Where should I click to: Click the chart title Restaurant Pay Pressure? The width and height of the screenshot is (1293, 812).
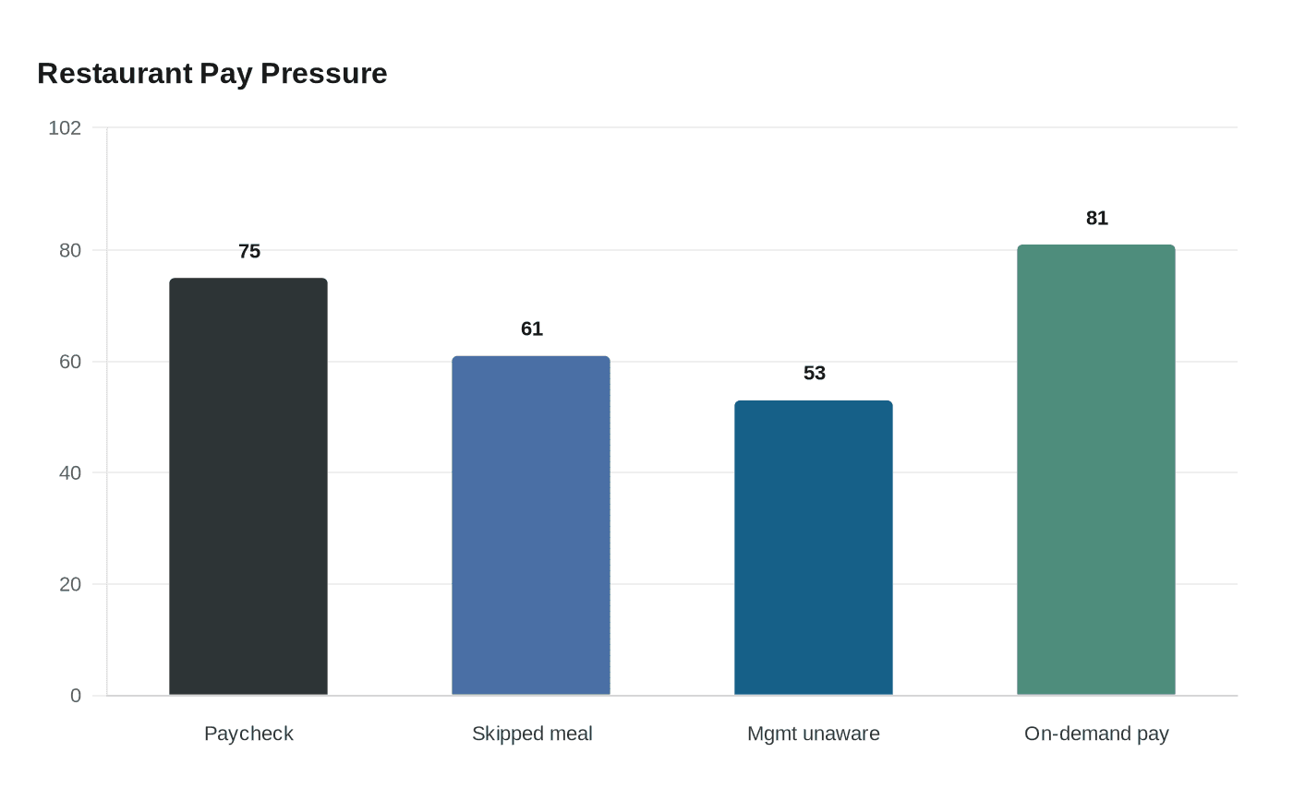point(211,74)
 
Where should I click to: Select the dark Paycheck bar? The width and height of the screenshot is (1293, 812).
point(248,487)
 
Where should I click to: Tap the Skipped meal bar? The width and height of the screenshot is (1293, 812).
point(531,525)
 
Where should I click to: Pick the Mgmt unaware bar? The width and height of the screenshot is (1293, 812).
point(814,548)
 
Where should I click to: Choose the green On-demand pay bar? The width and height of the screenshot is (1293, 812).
point(1096,470)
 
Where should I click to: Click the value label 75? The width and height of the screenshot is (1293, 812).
point(249,251)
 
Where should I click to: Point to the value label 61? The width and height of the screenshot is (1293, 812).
point(532,328)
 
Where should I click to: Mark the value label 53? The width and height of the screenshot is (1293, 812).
point(815,373)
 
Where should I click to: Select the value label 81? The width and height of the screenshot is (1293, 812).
point(1097,218)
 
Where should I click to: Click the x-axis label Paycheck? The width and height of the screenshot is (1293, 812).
point(248,734)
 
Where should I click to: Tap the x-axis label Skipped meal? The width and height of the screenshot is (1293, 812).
point(532,734)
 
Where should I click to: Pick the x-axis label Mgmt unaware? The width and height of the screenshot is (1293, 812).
point(814,734)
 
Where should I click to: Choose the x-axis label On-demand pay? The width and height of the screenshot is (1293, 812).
point(1096,734)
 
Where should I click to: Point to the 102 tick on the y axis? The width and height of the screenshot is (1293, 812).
point(65,128)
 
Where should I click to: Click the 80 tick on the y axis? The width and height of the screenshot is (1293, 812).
point(70,250)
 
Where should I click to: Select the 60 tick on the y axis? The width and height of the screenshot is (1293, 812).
point(70,362)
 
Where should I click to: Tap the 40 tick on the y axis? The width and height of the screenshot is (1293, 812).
point(70,472)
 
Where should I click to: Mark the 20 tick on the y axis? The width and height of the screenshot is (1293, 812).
point(70,584)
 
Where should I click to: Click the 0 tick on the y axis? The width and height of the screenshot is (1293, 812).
point(76,696)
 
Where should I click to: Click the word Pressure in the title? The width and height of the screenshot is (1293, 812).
point(324,74)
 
